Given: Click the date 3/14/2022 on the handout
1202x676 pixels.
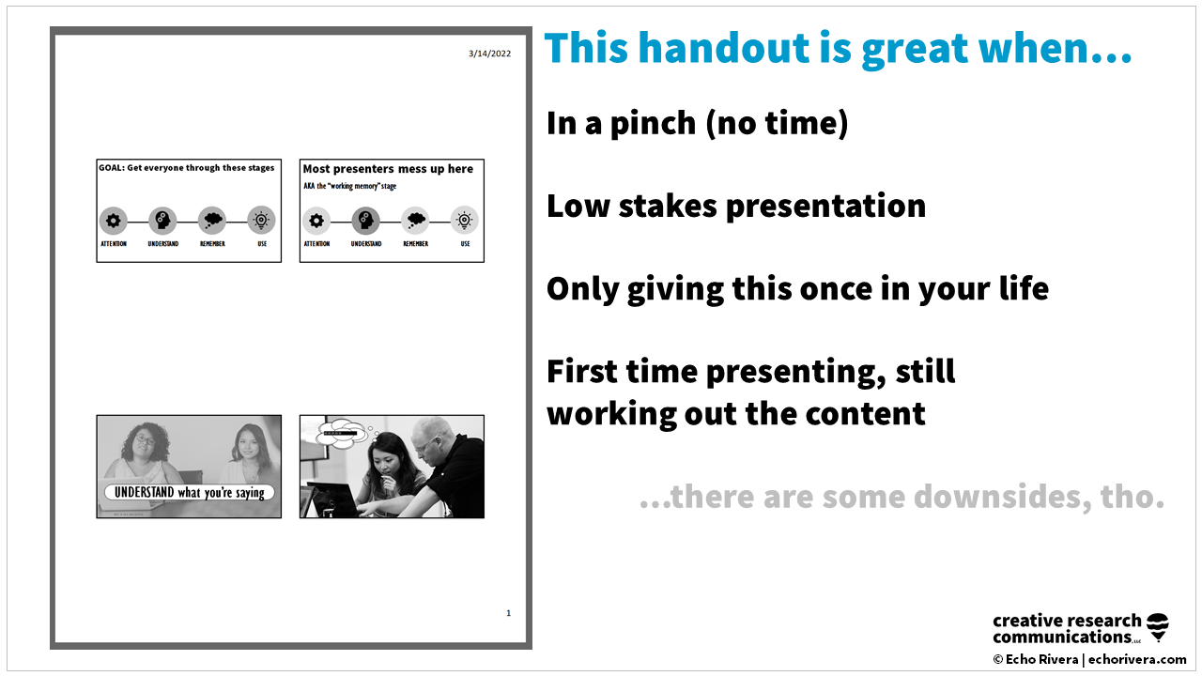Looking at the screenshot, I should tap(489, 54).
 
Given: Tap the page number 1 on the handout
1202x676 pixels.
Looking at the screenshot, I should tap(508, 613).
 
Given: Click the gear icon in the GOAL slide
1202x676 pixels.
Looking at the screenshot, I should tap(114, 221).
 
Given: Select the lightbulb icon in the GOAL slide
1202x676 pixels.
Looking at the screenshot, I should tap(261, 221).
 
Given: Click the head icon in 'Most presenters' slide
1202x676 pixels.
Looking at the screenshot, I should tap(365, 221).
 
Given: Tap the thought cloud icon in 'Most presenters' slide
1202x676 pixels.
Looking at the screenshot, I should tap(415, 221).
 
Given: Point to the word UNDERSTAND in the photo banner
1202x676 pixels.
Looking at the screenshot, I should tap(144, 492).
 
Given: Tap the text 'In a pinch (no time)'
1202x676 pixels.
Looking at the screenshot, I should tap(697, 123).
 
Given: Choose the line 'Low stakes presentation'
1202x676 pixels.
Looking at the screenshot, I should tap(735, 206).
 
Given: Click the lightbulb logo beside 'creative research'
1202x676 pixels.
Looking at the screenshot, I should tap(1159, 627).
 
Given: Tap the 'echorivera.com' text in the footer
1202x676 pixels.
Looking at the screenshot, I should tap(1137, 660).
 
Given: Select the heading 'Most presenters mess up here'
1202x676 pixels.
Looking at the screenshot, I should tap(388, 169).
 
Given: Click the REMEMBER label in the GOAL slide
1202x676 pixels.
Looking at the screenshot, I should tap(212, 244).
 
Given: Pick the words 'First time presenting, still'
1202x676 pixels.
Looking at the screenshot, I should tap(750, 372).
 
